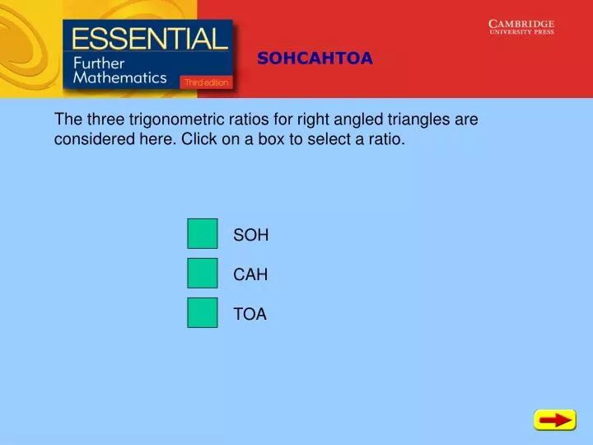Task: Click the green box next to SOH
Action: pyautogui.click(x=203, y=234)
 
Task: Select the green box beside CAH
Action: pyautogui.click(x=203, y=274)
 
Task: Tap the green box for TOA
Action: pyautogui.click(x=203, y=313)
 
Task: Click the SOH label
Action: pyautogui.click(x=251, y=235)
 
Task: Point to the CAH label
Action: pyautogui.click(x=250, y=274)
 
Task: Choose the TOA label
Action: pyautogui.click(x=250, y=314)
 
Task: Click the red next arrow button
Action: pyautogui.click(x=554, y=420)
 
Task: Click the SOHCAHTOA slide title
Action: pyautogui.click(x=315, y=58)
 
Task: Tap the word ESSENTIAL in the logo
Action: pyautogui.click(x=149, y=39)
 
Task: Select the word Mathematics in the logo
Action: pyautogui.click(x=120, y=78)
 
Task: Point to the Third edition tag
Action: pyautogui.click(x=207, y=82)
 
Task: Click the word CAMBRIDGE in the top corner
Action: pyautogui.click(x=521, y=24)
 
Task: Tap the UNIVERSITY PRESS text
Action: pyautogui.click(x=521, y=33)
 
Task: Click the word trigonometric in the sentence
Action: pyautogui.click(x=172, y=119)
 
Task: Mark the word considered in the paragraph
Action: pyautogui.click(x=91, y=139)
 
